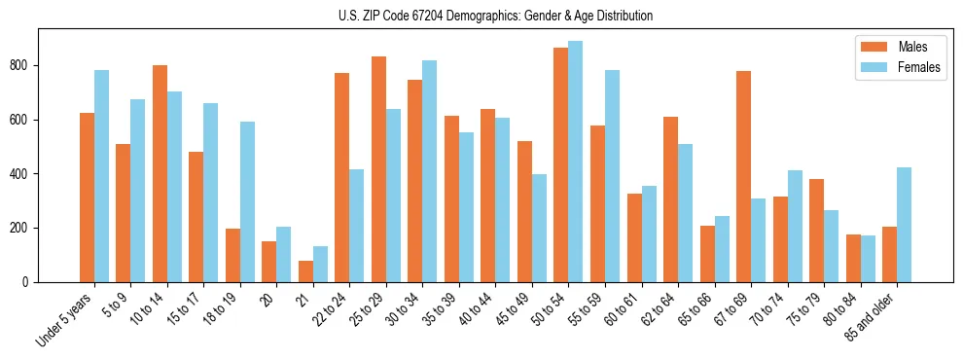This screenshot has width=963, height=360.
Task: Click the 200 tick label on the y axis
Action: (x=27, y=229)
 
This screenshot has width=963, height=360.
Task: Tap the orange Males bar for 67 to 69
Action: (x=744, y=176)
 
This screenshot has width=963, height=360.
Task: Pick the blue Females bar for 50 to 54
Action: (x=576, y=162)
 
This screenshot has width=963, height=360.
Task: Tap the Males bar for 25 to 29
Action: (x=378, y=169)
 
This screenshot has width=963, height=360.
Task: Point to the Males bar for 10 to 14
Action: (x=160, y=173)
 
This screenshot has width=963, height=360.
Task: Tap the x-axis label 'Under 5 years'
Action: (x=66, y=319)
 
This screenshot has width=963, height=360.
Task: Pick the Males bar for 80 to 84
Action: (x=853, y=258)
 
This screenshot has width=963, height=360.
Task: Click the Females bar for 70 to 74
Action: (x=795, y=226)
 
